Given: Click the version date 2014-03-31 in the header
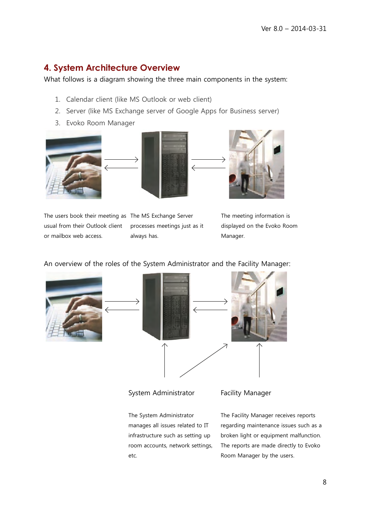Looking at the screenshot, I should click(x=308, y=29).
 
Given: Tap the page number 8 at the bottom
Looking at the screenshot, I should click(x=325, y=482).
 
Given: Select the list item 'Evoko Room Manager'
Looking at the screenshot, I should click(x=100, y=123).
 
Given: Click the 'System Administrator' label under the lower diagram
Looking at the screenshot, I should click(x=161, y=393).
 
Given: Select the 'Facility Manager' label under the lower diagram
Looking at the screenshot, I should click(x=246, y=393).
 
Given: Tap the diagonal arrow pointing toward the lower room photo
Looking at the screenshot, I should click(x=203, y=360).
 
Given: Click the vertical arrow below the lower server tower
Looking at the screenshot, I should click(x=165, y=360).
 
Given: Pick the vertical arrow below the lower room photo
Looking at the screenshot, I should click(x=259, y=360).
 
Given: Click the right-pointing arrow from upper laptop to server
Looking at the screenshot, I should click(x=121, y=159).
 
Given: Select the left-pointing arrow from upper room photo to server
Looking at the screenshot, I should click(x=208, y=168).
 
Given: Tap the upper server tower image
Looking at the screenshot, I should click(x=165, y=164).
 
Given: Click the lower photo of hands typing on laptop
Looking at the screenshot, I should click(x=74, y=307).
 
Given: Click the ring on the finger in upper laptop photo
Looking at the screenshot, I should click(x=80, y=176).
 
